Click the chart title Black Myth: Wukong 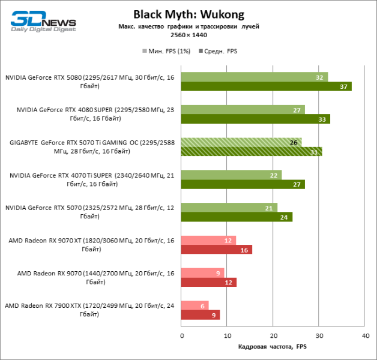tap(188, 14)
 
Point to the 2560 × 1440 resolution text tap(188, 35)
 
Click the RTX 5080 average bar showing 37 tap(265, 86)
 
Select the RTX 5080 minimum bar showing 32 tap(254, 77)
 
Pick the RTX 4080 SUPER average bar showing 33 tap(255, 119)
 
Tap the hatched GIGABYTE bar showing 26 tap(241, 142)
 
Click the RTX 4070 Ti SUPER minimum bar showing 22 tap(231, 175)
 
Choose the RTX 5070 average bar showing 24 tap(236, 217)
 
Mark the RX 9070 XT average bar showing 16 tap(216, 250)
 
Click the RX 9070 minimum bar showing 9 tap(202, 273)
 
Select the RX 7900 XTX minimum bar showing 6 tap(195, 305)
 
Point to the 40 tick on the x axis tap(364, 336)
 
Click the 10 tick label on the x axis tap(227, 336)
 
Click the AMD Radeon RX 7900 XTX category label tap(90, 310)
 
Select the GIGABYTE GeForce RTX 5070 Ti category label tap(90, 147)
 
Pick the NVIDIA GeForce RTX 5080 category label tap(90, 82)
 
